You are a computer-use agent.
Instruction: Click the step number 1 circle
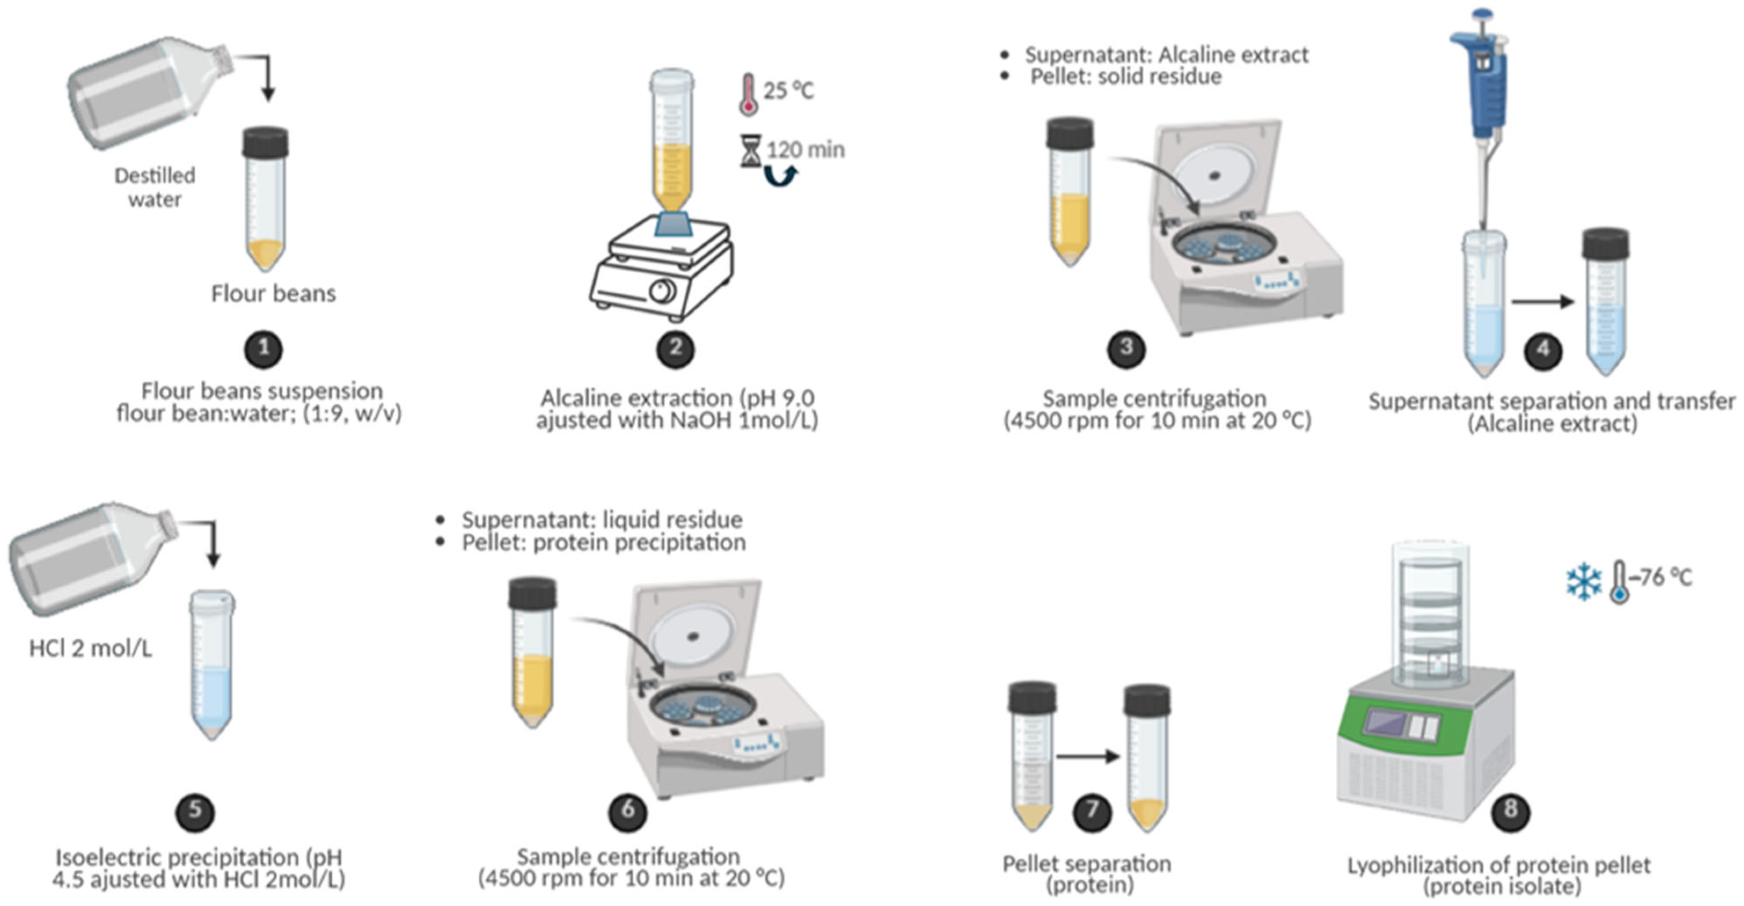pos(264,349)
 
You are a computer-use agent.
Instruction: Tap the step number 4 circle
pos(1543,350)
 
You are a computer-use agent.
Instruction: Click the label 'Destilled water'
pos(155,187)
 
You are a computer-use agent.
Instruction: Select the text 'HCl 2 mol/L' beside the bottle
pos(90,649)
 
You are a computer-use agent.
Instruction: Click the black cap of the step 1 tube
pos(265,142)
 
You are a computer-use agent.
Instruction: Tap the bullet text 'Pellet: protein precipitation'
pos(604,543)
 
